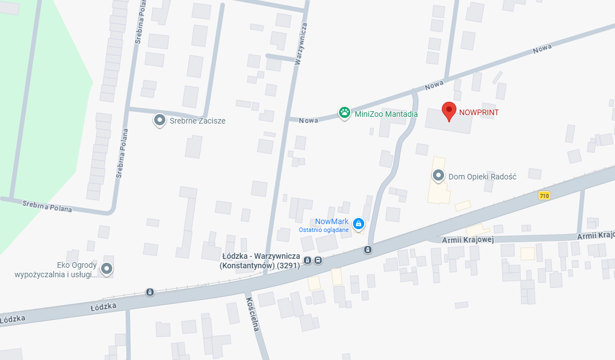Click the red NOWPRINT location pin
point(449,111)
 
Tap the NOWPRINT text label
point(479,112)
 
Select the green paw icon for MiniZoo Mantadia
point(345,113)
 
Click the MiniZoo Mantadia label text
point(386,114)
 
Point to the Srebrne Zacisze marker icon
point(160,120)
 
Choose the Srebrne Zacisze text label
point(197,121)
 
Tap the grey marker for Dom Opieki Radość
point(438,176)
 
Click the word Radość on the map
point(504,177)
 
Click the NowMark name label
point(332,221)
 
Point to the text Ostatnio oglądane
point(323,230)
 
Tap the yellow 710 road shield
point(544,196)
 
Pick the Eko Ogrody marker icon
point(107,269)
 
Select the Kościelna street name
point(252,314)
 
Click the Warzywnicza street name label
point(300,45)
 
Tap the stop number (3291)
point(289,266)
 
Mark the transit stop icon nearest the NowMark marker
point(368,249)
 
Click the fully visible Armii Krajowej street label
point(468,240)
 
